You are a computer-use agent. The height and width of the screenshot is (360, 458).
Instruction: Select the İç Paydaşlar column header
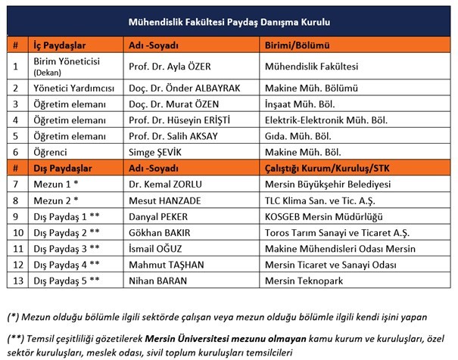coord(57,45)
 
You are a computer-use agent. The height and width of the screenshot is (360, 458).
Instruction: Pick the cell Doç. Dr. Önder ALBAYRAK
coord(185,88)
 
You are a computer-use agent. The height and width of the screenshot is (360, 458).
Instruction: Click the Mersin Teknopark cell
coord(301,280)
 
